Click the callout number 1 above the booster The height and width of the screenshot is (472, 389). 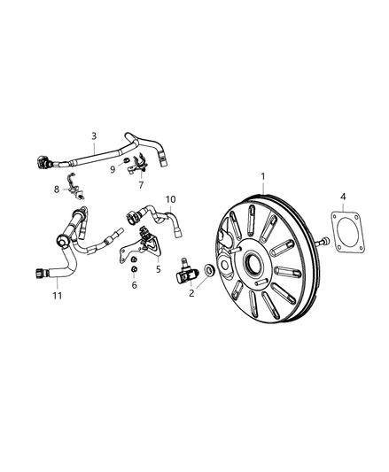[x=261, y=176]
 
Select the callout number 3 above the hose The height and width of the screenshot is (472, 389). [x=93, y=135]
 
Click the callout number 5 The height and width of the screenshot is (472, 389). [x=159, y=268]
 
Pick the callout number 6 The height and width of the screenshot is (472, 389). [x=133, y=284]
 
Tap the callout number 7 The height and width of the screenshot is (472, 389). [x=140, y=186]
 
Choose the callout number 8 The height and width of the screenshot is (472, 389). [x=56, y=189]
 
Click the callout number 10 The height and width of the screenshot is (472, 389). [x=170, y=199]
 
